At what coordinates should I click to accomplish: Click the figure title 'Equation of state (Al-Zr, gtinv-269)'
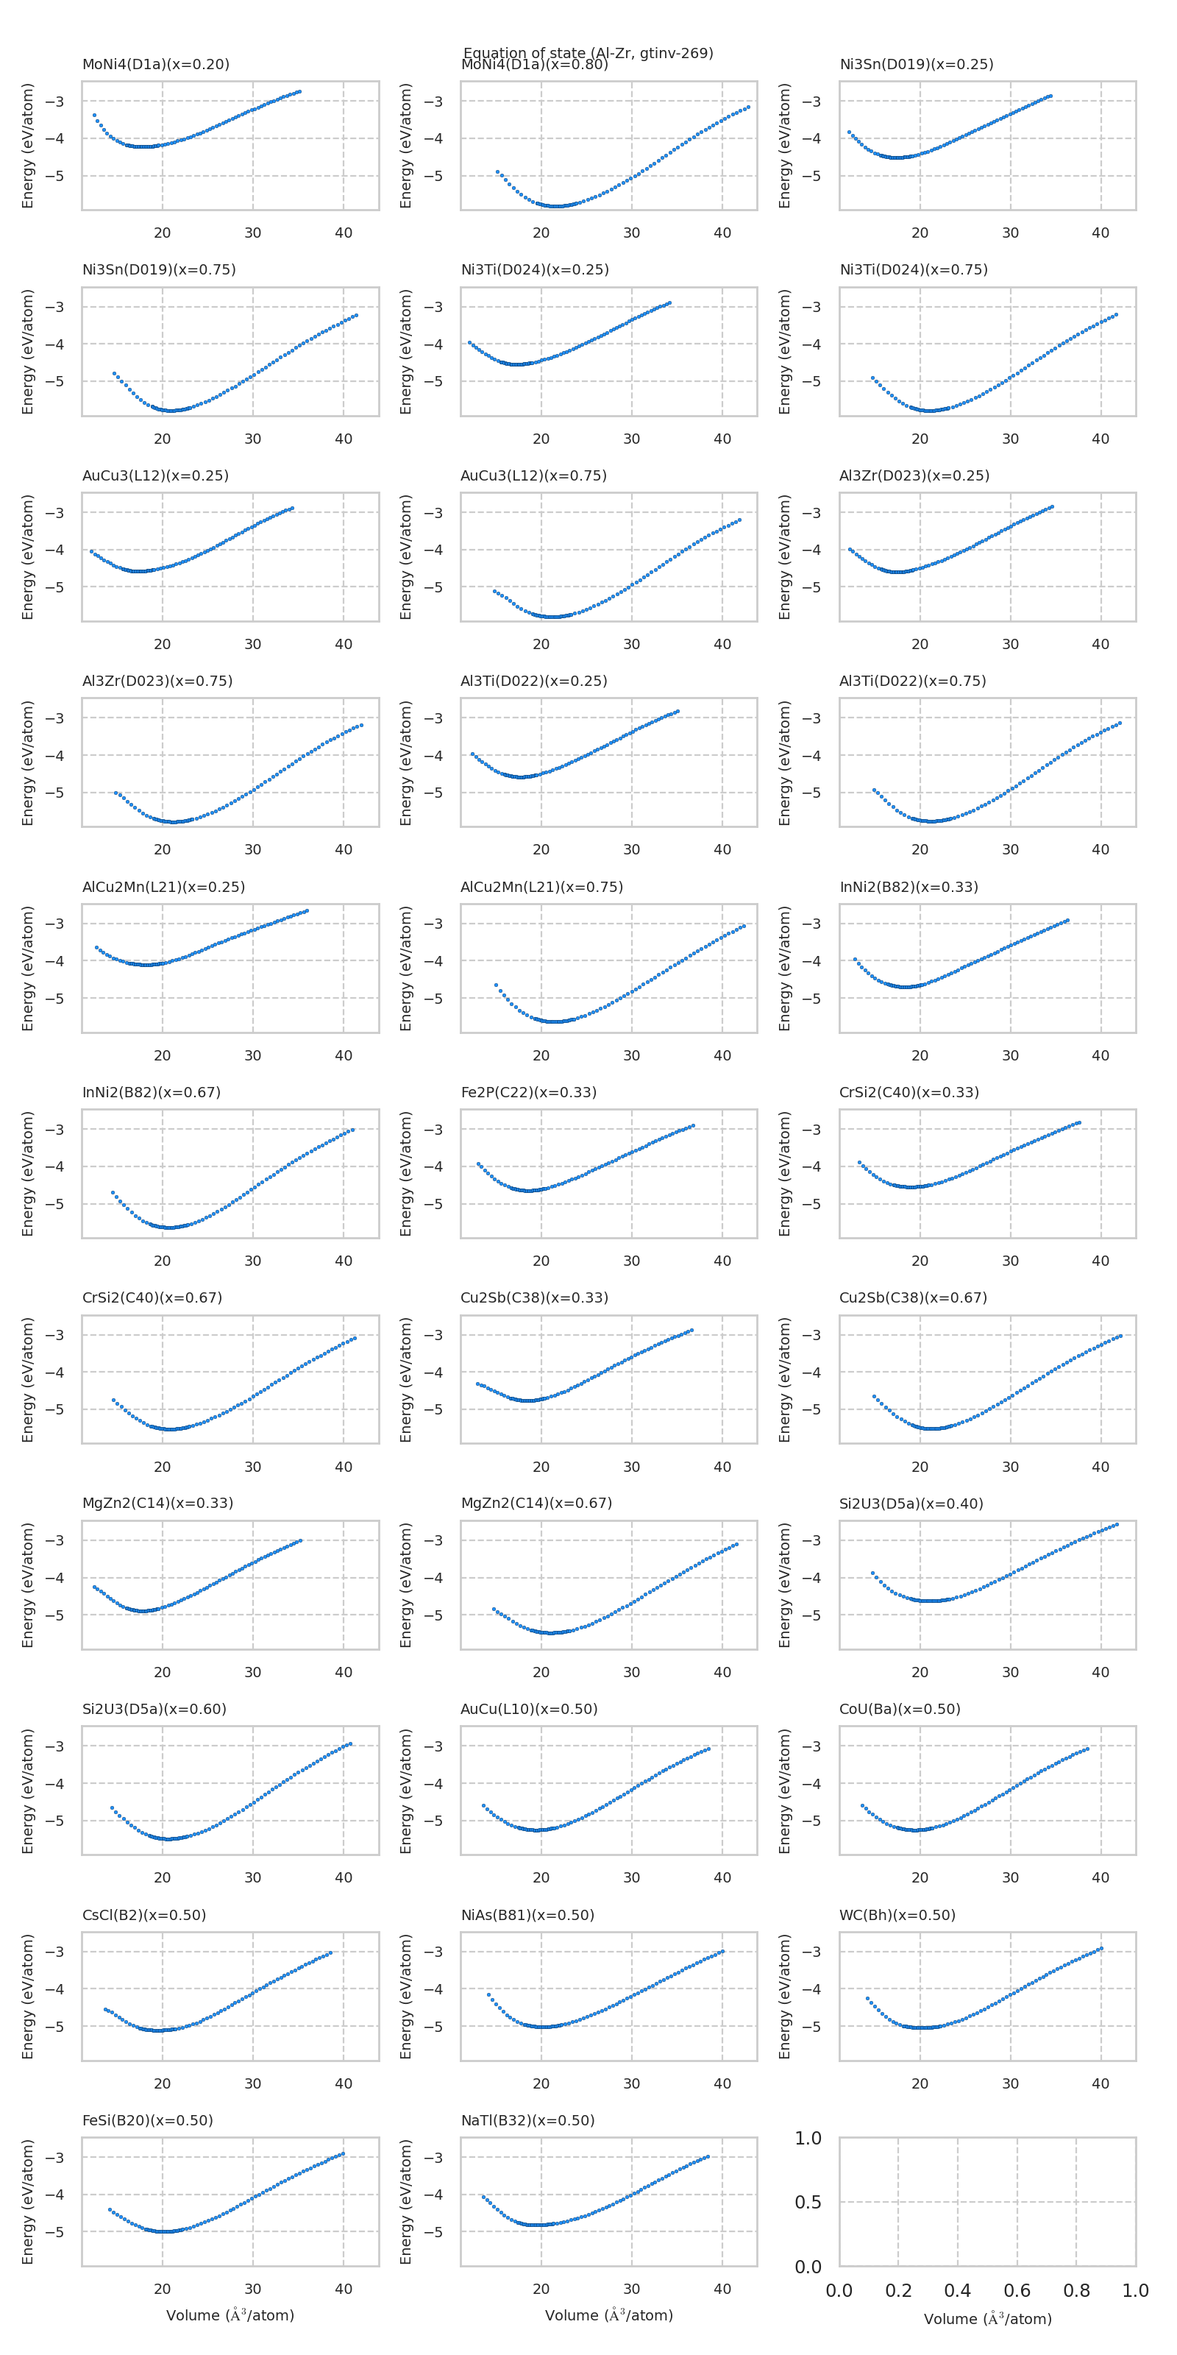[588, 53]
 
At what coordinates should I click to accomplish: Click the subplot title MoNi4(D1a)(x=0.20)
[155, 64]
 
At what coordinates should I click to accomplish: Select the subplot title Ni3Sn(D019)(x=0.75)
[159, 269]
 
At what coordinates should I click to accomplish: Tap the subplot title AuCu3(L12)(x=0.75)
[533, 475]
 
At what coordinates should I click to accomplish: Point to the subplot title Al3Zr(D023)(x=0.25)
[914, 475]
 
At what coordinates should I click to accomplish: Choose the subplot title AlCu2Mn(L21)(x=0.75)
[542, 887]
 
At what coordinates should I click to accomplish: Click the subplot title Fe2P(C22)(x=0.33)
[528, 1092]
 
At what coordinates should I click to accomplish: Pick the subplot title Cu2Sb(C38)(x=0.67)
[913, 1297]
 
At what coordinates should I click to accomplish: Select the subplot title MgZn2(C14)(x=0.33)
[157, 1503]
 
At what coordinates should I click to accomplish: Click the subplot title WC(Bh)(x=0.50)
[897, 1914]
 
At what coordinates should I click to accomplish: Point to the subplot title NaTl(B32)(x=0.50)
[527, 2120]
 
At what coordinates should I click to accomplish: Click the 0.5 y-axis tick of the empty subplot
[808, 2203]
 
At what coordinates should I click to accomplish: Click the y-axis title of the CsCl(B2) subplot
[27, 1997]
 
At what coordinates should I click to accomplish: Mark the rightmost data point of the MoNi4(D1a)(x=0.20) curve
[299, 91]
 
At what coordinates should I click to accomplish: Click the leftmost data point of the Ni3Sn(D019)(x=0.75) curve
[114, 373]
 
